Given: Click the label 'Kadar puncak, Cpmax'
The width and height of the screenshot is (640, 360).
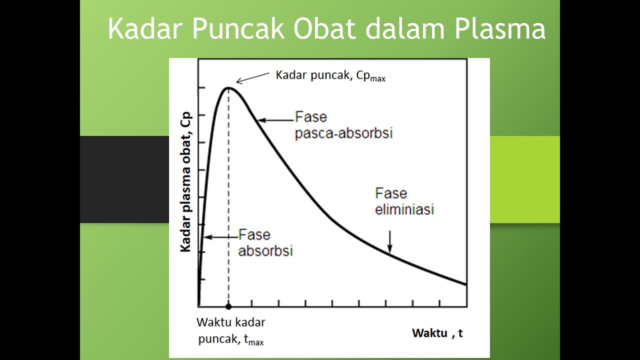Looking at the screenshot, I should [330, 76].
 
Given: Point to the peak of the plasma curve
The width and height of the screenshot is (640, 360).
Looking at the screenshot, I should [228, 88].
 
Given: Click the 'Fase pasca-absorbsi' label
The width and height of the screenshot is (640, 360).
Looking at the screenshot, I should [343, 125].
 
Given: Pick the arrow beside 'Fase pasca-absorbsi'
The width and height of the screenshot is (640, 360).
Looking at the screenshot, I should [275, 120].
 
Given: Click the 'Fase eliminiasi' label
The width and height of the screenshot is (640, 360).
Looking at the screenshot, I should [404, 201].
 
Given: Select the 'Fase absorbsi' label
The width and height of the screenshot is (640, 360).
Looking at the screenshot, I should [265, 242].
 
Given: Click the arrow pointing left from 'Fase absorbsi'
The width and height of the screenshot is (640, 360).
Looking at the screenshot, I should [220, 237].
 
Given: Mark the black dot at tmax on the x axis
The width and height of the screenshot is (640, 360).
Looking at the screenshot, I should [228, 306].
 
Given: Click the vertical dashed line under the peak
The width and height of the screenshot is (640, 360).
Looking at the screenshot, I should [228, 200].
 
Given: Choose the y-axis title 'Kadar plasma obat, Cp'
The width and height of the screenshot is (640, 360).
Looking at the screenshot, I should [185, 182].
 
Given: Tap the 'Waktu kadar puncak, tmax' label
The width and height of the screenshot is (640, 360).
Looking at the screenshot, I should [231, 331].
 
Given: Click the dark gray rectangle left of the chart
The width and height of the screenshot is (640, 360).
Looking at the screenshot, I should [124, 179].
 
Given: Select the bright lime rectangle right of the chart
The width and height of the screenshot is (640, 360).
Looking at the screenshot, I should [524, 179].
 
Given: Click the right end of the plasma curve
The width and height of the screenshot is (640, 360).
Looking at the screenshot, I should [465, 284].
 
